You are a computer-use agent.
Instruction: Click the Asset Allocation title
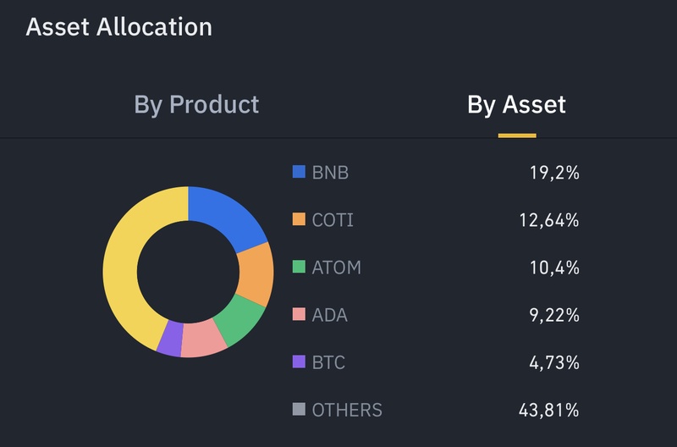(118, 26)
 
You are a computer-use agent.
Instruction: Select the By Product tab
(196, 104)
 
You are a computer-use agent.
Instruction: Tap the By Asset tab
(516, 104)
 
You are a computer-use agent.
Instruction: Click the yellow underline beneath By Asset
(516, 135)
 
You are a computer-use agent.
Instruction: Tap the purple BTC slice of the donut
(171, 338)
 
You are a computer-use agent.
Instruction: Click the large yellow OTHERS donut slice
(125, 262)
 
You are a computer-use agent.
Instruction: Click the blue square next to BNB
(298, 172)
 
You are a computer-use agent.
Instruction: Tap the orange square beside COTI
(298, 219)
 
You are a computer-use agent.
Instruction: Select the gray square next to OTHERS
(298, 410)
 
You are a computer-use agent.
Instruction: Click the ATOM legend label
(336, 268)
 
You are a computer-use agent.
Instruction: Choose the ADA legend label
(329, 315)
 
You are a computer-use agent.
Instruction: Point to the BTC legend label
(328, 362)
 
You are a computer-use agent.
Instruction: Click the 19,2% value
(554, 173)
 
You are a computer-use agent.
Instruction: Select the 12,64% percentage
(548, 220)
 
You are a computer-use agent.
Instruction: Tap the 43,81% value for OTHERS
(548, 411)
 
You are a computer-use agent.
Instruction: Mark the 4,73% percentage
(553, 363)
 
